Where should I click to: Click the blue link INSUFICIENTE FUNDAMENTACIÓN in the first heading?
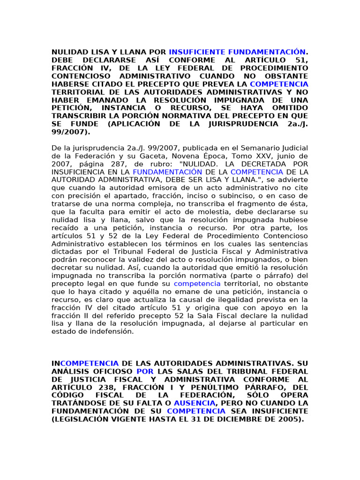click(237, 52)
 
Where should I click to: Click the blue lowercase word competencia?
click(197, 284)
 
